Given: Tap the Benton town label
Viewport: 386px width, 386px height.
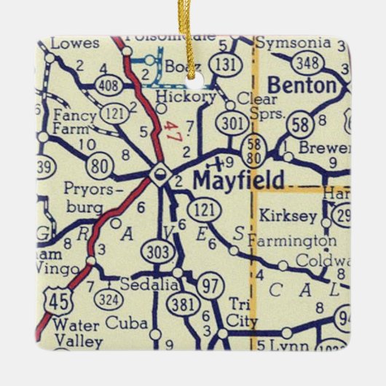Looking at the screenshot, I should coord(303,86).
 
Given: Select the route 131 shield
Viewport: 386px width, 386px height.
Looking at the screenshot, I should coord(229,64).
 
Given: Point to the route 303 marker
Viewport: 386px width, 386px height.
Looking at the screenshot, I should coord(159,252).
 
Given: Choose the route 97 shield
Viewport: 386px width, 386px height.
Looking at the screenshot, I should coord(211,285).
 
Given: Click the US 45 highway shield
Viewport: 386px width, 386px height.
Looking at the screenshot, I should coord(52,299).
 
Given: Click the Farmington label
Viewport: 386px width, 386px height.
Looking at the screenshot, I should coord(292,240).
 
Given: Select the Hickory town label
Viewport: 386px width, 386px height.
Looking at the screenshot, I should coord(190,96).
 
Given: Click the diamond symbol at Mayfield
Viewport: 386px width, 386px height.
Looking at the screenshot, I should coord(159,174).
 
